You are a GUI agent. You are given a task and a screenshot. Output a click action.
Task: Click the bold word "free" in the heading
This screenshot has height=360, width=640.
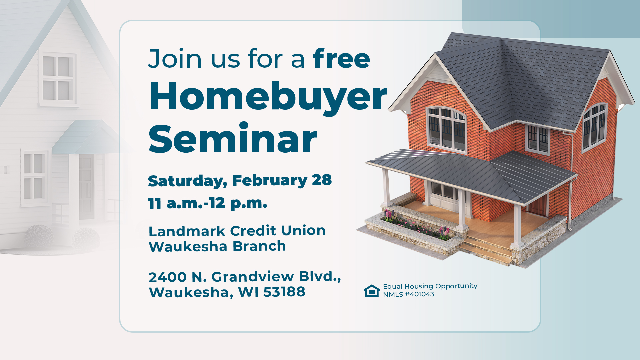tap(341, 59)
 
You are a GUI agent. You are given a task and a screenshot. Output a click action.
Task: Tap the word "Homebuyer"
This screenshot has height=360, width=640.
tap(268, 97)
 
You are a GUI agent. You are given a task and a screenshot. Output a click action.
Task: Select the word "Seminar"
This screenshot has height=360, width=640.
tap(232, 139)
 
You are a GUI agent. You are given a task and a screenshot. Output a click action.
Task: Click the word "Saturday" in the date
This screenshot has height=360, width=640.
tap(185, 181)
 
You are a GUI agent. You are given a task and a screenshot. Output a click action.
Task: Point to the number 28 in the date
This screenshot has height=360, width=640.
tap(322, 180)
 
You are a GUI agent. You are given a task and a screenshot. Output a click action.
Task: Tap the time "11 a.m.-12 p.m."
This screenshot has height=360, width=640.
tap(207, 203)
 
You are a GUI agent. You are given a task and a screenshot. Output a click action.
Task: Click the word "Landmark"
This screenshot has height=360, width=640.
tap(187, 231)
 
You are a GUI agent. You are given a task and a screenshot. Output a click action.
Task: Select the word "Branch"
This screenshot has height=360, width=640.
tap(259, 246)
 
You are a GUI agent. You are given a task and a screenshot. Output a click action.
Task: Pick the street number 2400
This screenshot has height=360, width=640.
tap(168, 277)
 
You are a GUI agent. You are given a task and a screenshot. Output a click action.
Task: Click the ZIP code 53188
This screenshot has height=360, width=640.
tap(284, 292)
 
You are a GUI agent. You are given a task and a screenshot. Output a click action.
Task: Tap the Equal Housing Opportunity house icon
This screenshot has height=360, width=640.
tap(372, 290)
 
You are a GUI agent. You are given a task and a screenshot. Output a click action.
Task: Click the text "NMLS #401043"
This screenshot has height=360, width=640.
tap(408, 294)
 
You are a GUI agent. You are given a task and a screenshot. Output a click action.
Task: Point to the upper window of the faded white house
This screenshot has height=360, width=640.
tap(58, 79)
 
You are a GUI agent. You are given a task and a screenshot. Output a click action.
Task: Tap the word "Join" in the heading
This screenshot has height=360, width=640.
tap(175, 59)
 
